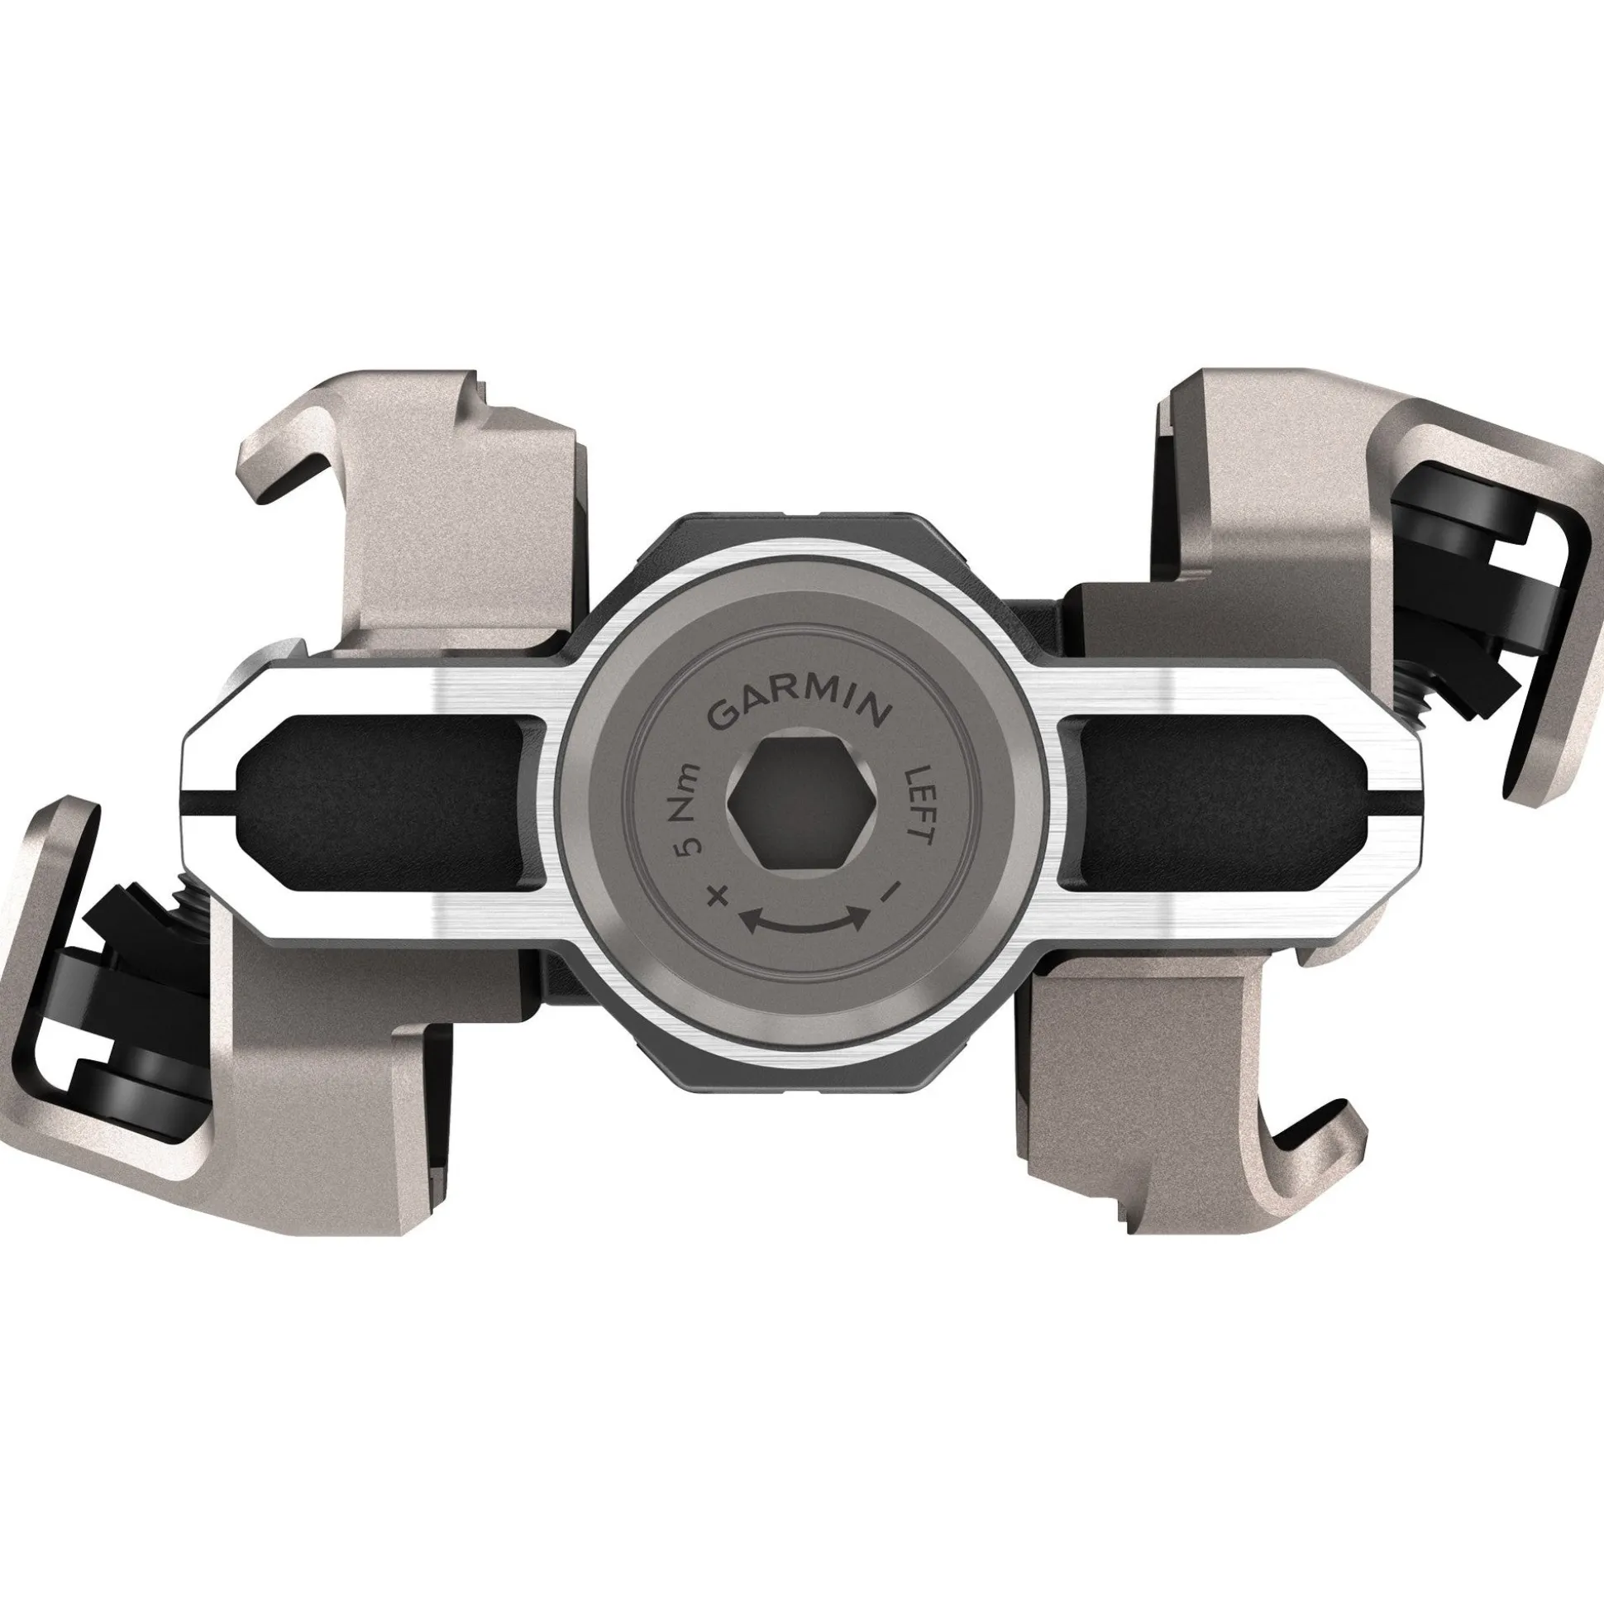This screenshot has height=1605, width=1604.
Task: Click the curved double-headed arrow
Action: tap(804, 922)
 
